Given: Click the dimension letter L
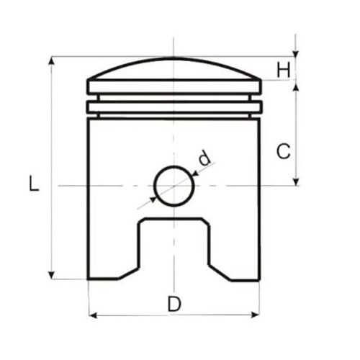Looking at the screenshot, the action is pyautogui.click(x=34, y=183).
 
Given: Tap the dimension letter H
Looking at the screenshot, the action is pyautogui.click(x=284, y=70).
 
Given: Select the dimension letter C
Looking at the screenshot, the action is pyautogui.click(x=284, y=151).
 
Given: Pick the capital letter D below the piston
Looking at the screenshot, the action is pyautogui.click(x=174, y=304).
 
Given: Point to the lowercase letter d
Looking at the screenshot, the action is pyautogui.click(x=205, y=158).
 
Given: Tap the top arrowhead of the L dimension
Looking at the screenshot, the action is pyautogui.click(x=51, y=61).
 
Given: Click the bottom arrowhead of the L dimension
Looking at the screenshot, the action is pyautogui.click(x=51, y=275).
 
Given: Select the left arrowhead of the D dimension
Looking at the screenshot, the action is pyautogui.click(x=93, y=315).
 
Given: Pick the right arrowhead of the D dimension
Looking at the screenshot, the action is pyautogui.click(x=255, y=315).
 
